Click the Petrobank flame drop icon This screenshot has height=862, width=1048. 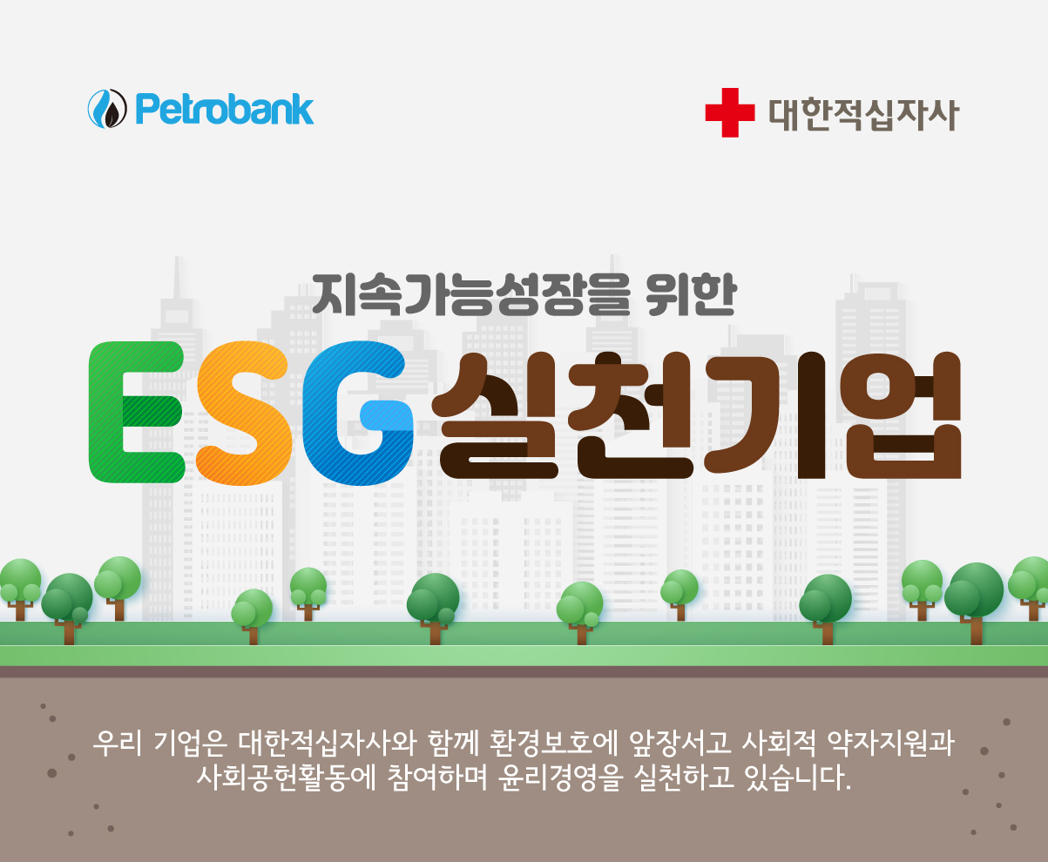click(107, 108)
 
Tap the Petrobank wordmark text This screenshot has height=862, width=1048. click(225, 109)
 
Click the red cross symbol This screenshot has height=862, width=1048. click(730, 112)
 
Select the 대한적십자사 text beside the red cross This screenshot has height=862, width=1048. click(863, 114)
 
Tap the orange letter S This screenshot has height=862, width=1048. click(244, 413)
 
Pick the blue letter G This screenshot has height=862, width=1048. click(358, 413)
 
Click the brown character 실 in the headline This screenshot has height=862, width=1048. click(495, 415)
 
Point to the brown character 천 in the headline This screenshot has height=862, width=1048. click(630, 415)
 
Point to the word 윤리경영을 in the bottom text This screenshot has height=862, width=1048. click(560, 778)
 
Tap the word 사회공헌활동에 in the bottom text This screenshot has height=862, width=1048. click(287, 778)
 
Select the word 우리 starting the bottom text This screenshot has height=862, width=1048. click(118, 744)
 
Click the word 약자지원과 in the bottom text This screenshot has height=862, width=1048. click(890, 744)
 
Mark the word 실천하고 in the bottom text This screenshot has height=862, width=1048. click(683, 778)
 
